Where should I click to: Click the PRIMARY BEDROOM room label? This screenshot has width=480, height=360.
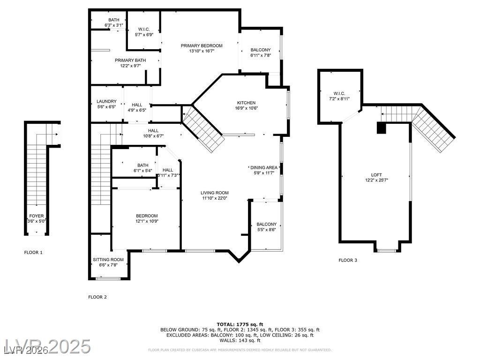(202, 45)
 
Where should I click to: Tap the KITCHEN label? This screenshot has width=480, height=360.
(246, 103)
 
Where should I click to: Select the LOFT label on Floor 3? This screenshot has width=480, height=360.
(376, 175)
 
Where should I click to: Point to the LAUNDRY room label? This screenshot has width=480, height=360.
(106, 101)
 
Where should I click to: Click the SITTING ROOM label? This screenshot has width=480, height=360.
(108, 259)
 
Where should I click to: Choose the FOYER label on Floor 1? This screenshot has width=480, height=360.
(37, 216)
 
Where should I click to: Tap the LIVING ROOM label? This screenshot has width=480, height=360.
(215, 193)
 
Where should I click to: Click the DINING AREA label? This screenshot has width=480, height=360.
(265, 167)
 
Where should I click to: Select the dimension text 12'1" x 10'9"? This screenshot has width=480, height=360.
(147, 221)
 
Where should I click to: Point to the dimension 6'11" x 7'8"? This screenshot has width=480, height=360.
(261, 55)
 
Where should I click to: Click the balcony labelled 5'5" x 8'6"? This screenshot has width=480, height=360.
(267, 224)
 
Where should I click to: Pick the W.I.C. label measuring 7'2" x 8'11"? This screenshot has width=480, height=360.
(339, 93)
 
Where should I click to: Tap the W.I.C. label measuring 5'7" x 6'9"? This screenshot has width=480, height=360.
(144, 29)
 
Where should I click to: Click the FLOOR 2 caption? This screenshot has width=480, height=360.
(97, 297)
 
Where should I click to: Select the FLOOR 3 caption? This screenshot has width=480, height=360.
(348, 260)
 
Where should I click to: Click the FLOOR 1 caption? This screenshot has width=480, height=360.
(33, 252)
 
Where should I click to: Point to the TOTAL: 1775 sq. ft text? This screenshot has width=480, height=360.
(240, 324)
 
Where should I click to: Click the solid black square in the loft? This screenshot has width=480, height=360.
(381, 128)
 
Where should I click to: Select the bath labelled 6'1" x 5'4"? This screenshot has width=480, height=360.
(143, 165)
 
